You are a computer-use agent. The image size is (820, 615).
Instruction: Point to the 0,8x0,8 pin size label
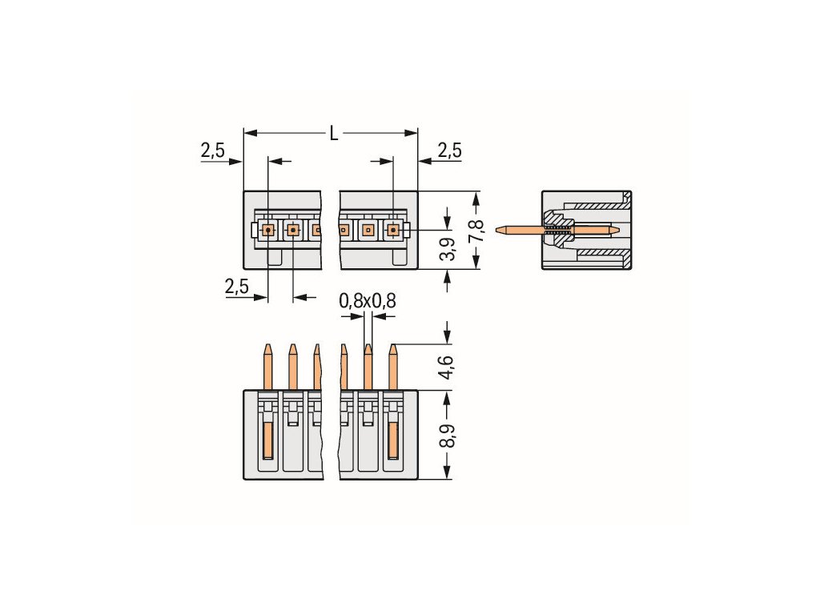coord(368,301)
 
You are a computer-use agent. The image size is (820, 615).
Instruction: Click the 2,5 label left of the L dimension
coord(212,150)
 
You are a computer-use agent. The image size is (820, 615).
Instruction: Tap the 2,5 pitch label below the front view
coord(237,287)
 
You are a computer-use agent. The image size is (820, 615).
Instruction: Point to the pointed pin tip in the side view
coord(500,231)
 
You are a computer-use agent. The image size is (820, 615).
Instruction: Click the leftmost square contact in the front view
coord(267,231)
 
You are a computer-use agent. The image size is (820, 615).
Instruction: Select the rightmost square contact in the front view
coord(393,231)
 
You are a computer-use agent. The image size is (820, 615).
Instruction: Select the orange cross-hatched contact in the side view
coord(557,231)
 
